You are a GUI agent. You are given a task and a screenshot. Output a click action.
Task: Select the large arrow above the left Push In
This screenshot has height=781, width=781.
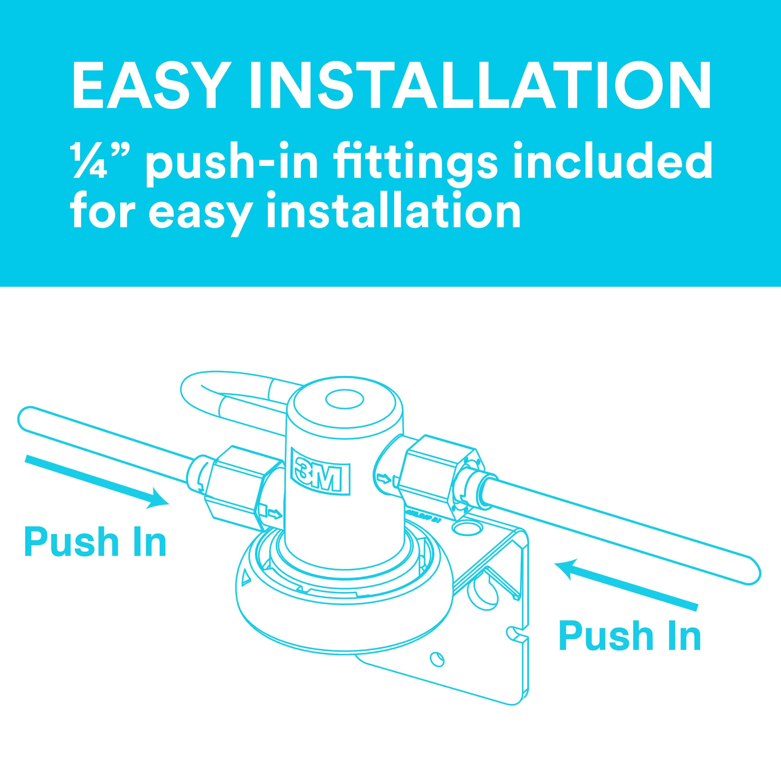point(97,480)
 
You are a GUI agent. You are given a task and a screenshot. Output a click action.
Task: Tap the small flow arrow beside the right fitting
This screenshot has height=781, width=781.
point(382,480)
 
